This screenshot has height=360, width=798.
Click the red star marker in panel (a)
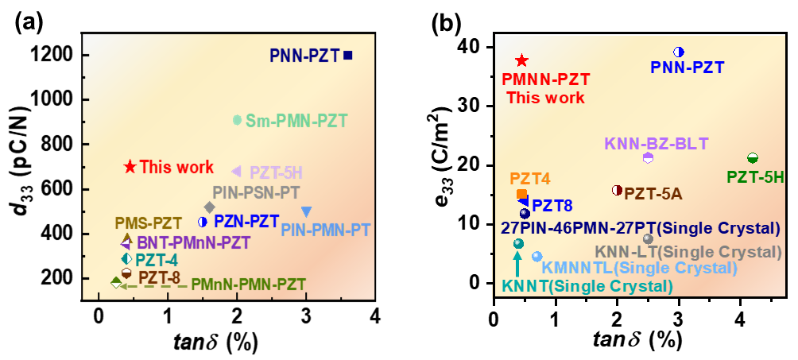(x=130, y=166)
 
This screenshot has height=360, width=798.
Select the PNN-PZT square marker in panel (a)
(x=347, y=55)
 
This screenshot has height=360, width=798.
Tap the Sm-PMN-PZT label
(x=296, y=121)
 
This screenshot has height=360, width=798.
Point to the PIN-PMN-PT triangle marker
(x=306, y=211)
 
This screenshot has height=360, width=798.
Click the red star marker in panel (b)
(x=521, y=60)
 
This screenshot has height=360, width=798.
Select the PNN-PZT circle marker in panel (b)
(x=679, y=52)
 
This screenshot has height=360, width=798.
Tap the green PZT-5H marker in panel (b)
(x=753, y=158)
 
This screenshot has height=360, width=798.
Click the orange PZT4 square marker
(x=521, y=194)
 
